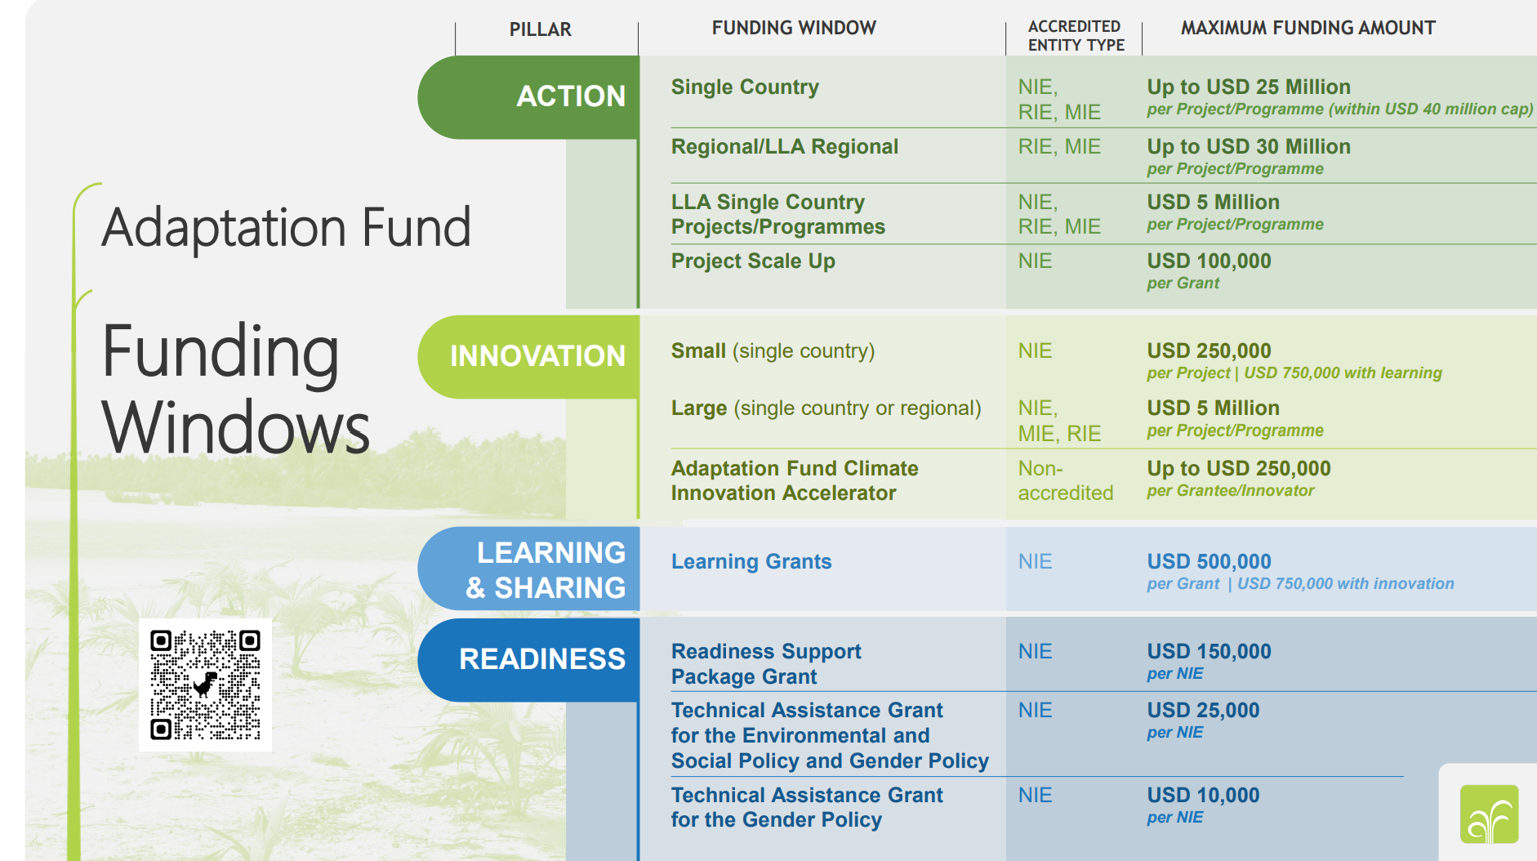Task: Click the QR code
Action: pyautogui.click(x=205, y=685)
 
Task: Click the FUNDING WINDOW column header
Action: pyautogui.click(x=793, y=28)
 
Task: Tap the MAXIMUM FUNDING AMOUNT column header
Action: pyautogui.click(x=1307, y=28)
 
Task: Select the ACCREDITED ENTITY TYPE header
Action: pyautogui.click(x=1075, y=36)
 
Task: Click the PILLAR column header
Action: pyautogui.click(x=540, y=29)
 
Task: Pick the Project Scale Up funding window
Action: pyautogui.click(x=752, y=261)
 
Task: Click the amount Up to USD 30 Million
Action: pyautogui.click(x=1248, y=147)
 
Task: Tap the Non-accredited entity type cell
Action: pyautogui.click(x=1064, y=480)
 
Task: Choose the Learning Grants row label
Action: pyautogui.click(x=751, y=562)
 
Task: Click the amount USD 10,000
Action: pyautogui.click(x=1202, y=795)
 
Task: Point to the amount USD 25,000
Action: pyautogui.click(x=1202, y=710)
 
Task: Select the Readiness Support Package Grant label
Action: pyautogui.click(x=765, y=663)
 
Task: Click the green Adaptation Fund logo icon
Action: pyautogui.click(x=1488, y=814)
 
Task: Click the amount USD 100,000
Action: pyautogui.click(x=1208, y=261)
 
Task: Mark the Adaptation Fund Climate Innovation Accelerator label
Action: pyautogui.click(x=793, y=480)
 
